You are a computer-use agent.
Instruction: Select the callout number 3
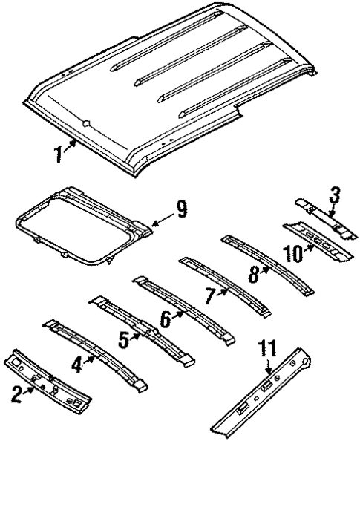pos(336,196)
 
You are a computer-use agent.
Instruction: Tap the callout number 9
pos(180,214)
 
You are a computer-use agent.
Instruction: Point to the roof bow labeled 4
pos(104,353)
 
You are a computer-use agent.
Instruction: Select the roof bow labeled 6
pos(186,308)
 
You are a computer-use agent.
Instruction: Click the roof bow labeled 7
pos(230,286)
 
